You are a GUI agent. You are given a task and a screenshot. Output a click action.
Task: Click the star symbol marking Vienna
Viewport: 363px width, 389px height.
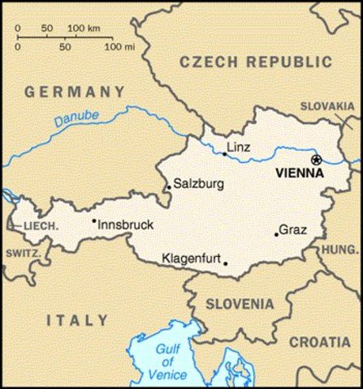click(x=317, y=160)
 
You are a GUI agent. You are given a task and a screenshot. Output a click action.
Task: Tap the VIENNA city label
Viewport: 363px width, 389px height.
click(x=300, y=173)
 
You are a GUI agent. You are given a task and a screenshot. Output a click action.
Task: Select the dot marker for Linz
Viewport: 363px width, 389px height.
click(x=225, y=153)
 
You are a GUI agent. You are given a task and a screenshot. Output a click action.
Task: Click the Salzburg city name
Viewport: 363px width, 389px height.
click(x=198, y=184)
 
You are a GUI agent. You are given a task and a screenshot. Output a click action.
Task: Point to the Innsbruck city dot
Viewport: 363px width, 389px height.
click(x=94, y=220)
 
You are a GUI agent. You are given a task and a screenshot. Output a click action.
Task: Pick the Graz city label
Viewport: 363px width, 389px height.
click(x=292, y=229)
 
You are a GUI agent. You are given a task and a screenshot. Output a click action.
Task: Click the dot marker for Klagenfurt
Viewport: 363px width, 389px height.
click(x=226, y=263)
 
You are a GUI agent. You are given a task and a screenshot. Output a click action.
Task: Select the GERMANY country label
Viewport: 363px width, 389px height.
click(x=75, y=92)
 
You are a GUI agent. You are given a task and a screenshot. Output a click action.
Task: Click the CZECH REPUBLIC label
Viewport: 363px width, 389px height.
click(x=256, y=62)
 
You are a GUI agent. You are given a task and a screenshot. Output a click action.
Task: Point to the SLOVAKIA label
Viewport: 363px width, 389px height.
click(x=328, y=106)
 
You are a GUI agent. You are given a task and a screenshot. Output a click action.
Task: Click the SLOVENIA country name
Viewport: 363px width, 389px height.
click(x=239, y=304)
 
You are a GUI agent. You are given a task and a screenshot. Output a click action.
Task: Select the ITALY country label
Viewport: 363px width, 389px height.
click(x=77, y=320)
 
